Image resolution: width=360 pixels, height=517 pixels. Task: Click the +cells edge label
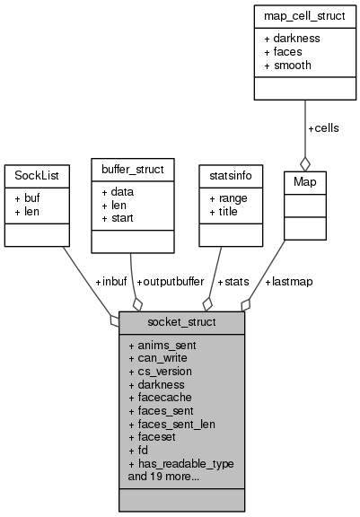pyautogui.click(x=323, y=128)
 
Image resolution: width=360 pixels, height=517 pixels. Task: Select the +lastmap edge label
pyautogui.click(x=288, y=281)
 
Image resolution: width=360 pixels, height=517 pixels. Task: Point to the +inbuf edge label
pyautogui.click(x=112, y=281)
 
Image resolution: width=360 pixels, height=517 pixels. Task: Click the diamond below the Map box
pyautogui.click(x=304, y=162)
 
